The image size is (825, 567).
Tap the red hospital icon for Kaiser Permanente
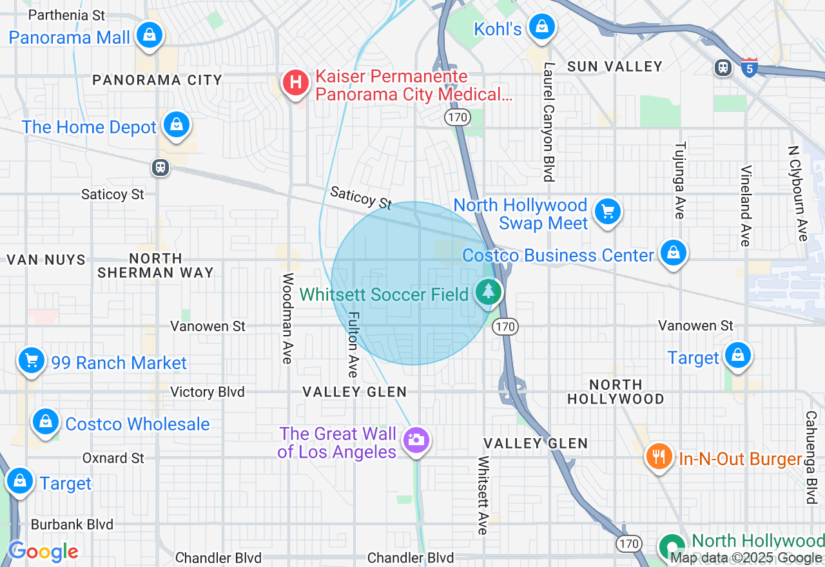(295, 84)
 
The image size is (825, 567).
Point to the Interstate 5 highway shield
(748, 68)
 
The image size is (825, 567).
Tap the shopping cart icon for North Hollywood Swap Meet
(607, 211)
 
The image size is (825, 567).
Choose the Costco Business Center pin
(673, 253)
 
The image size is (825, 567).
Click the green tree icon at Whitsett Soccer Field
(489, 292)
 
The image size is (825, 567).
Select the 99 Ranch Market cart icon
(32, 360)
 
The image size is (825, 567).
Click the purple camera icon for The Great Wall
(416, 440)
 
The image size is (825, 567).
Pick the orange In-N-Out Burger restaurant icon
(658, 457)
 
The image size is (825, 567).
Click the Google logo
(43, 552)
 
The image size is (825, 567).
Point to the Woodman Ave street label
(287, 318)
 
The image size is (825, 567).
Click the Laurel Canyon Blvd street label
(548, 122)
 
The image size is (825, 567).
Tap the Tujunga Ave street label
(679, 180)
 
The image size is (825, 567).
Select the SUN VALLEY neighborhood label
(614, 66)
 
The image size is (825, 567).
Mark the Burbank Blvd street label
(72, 524)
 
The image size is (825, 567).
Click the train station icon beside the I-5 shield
(723, 67)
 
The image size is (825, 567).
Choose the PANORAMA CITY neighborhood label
(157, 80)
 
